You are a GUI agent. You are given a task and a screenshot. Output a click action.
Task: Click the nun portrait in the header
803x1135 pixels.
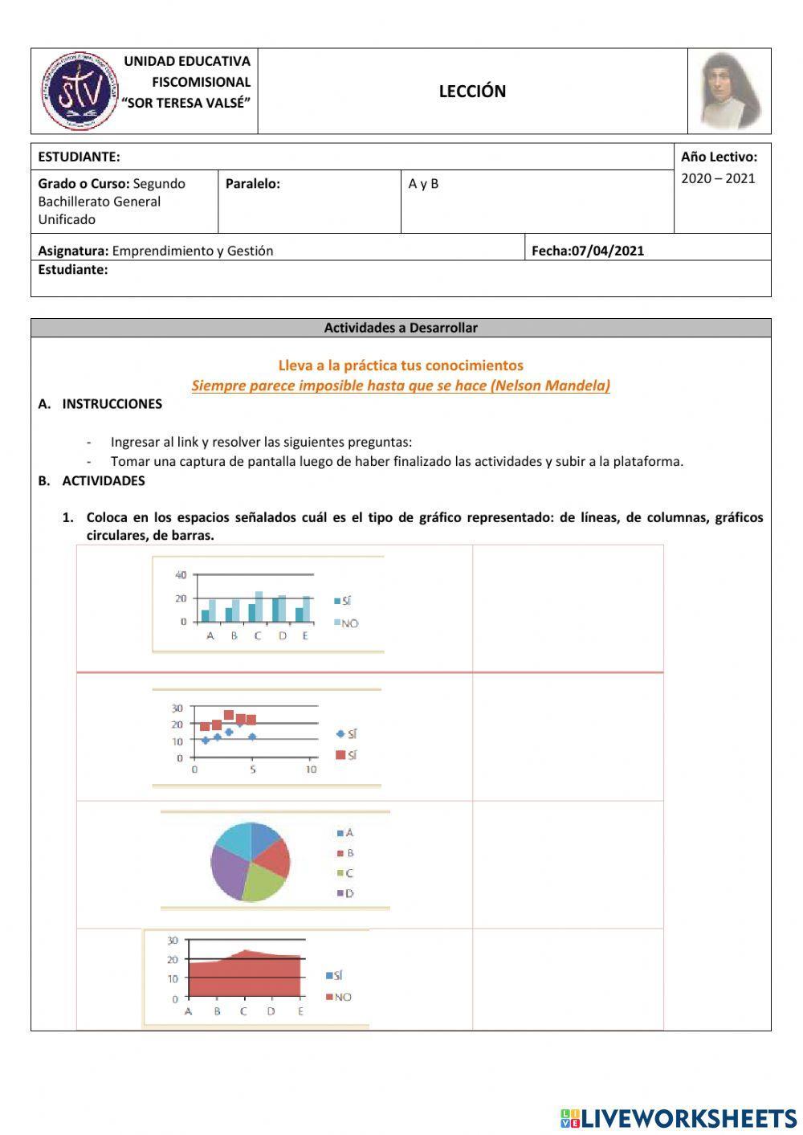coord(729,91)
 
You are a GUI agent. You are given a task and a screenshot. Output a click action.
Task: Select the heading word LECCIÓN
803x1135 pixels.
coord(472,92)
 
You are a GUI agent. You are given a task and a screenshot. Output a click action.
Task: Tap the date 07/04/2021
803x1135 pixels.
coord(607,251)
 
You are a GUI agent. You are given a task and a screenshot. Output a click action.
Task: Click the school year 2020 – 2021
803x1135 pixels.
coord(718,178)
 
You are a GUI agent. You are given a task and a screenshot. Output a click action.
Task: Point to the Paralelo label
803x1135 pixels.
coord(253,184)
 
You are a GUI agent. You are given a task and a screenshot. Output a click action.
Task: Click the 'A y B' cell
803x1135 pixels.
coord(423,184)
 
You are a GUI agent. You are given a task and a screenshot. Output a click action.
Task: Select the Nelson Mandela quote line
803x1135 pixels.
coord(401,386)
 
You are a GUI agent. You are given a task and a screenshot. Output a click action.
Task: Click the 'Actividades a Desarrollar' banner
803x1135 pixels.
coord(401,328)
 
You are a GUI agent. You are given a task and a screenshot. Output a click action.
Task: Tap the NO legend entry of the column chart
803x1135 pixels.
coord(347,623)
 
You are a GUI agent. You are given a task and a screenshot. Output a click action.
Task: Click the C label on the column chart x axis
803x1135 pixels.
coord(258,636)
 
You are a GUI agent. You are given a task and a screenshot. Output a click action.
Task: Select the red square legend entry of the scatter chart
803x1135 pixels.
coord(347,755)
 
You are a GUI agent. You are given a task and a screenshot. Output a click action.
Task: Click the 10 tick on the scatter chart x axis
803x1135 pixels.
coord(311,770)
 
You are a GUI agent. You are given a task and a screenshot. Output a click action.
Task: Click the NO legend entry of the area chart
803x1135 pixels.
coord(340,997)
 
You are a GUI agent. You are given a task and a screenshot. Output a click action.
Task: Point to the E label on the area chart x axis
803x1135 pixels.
coord(301,1011)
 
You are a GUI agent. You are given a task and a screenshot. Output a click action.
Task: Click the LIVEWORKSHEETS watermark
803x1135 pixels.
coord(679,1117)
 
